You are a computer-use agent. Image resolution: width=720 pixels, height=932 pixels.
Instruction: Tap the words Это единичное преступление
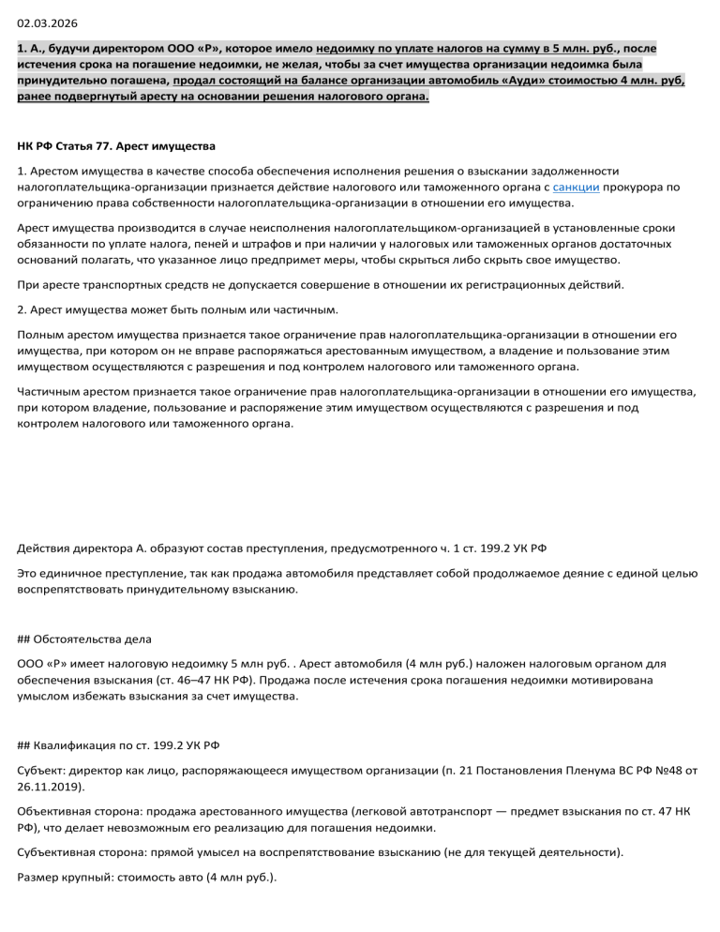point(102,573)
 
